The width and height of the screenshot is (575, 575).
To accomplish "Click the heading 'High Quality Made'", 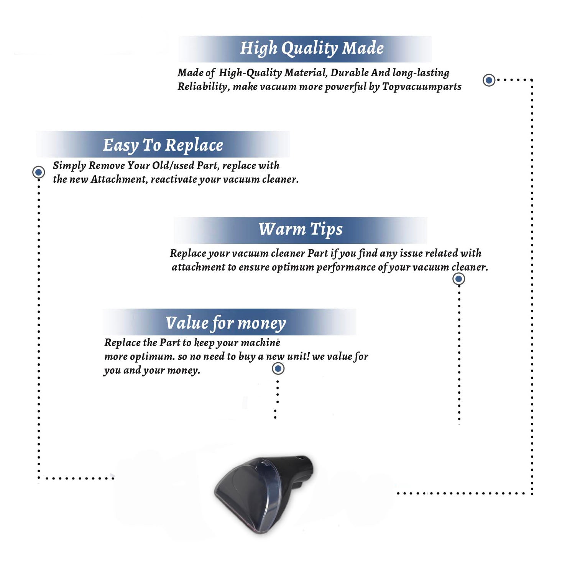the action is (312, 49).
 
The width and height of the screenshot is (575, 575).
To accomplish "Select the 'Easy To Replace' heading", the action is (163, 146).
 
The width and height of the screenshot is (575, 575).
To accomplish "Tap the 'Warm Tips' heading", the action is (300, 230).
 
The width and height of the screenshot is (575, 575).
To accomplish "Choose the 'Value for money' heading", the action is (226, 323).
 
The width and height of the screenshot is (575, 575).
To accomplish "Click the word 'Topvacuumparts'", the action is (422, 87).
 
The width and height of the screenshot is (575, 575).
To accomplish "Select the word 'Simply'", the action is (69, 166).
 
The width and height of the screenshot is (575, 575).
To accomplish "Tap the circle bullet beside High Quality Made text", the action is (489, 80).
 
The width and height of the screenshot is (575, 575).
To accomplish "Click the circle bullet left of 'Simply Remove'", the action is (38, 172).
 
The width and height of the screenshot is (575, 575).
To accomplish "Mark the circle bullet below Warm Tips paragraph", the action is (458, 279).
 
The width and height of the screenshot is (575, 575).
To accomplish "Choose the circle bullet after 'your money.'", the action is (278, 369).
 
